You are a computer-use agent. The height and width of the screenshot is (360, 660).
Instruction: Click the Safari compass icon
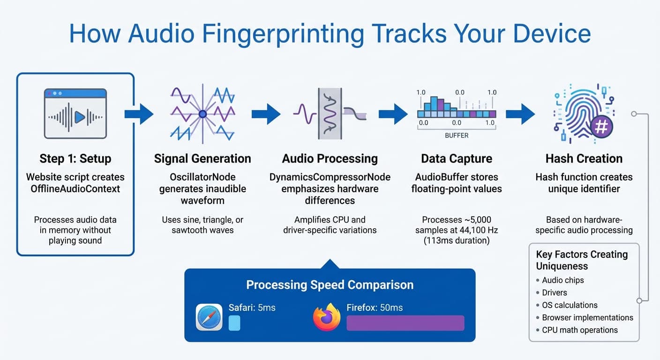pyautogui.click(x=209, y=317)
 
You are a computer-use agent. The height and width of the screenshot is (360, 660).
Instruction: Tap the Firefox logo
pyautogui.click(x=326, y=317)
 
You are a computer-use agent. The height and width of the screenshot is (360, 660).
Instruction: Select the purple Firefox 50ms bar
pyautogui.click(x=405, y=323)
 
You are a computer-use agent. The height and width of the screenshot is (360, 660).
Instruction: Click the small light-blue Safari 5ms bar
pyautogui.click(x=234, y=323)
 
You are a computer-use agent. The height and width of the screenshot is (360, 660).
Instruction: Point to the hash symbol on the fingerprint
pyautogui.click(x=601, y=127)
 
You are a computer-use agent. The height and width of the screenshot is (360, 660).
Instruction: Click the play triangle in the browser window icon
pyautogui.click(x=80, y=117)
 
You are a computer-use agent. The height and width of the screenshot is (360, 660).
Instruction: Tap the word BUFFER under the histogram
pyautogui.click(x=457, y=135)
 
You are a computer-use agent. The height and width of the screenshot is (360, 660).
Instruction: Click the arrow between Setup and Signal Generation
pyautogui.click(x=139, y=114)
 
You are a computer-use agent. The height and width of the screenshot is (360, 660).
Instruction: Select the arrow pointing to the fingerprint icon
pyautogui.click(x=520, y=114)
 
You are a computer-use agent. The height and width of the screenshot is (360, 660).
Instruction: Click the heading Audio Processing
pyautogui.click(x=330, y=158)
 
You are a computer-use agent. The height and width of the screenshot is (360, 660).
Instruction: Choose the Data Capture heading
pyautogui.click(x=457, y=158)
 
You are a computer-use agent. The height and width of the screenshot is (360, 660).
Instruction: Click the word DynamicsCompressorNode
pyautogui.click(x=330, y=177)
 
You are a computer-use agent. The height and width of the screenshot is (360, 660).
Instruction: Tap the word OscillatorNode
pyautogui.click(x=202, y=177)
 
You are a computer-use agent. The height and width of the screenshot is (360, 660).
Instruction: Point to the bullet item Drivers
pyautogui.click(x=554, y=292)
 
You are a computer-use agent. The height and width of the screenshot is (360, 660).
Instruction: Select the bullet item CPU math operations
pyautogui.click(x=579, y=330)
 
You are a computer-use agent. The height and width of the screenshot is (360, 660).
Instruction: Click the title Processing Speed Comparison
pyautogui.click(x=330, y=285)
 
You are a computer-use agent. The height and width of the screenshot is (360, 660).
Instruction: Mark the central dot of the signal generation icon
pyautogui.click(x=202, y=114)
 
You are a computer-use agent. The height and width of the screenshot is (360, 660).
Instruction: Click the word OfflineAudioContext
pyautogui.click(x=75, y=189)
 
